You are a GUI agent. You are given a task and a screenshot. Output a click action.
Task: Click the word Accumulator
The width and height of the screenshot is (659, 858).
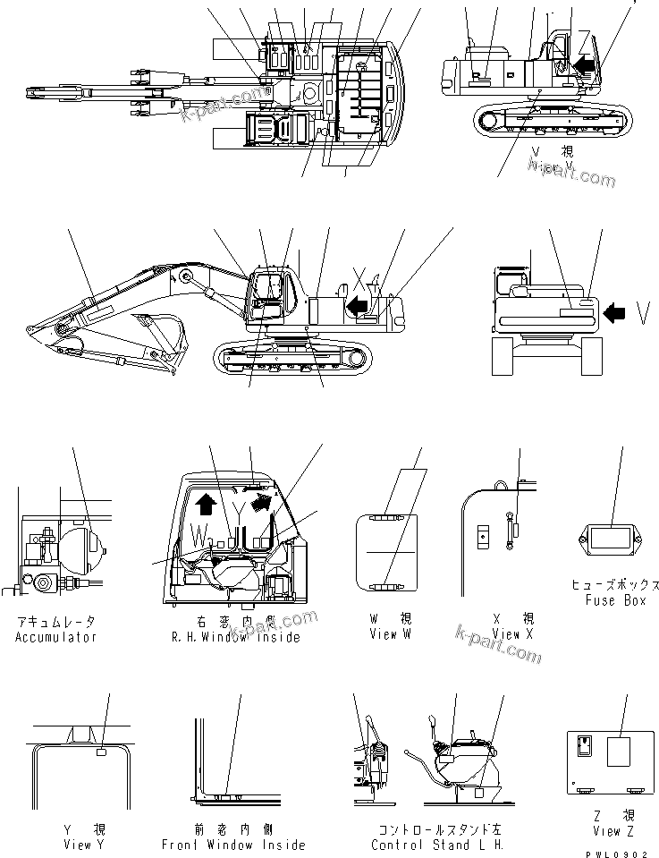(x=55, y=637)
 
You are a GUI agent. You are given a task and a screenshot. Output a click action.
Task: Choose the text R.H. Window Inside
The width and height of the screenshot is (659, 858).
(x=236, y=637)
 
